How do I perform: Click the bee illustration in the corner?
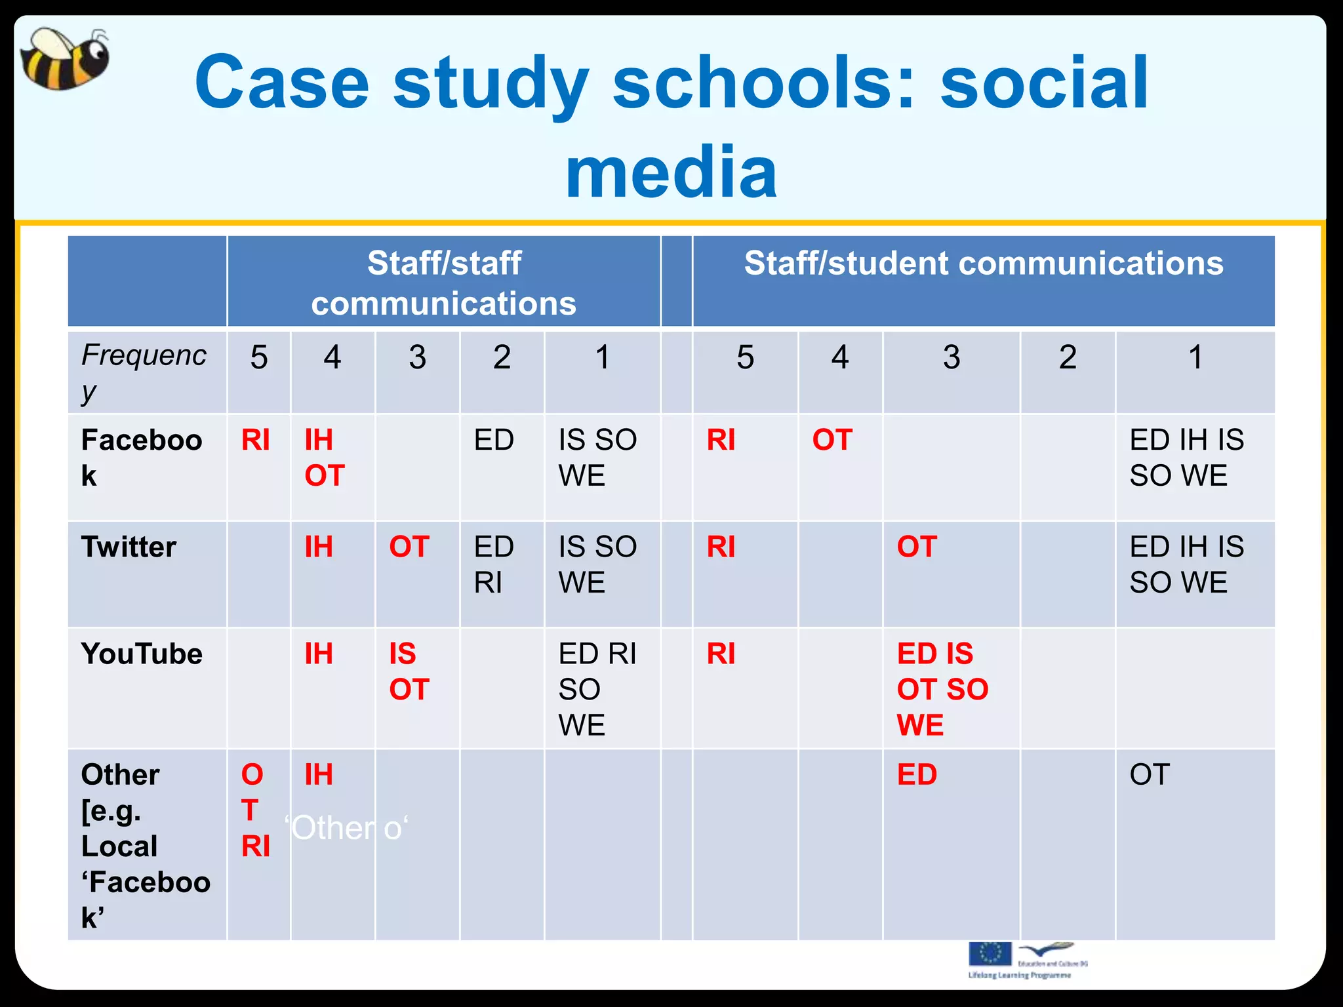coord(64,59)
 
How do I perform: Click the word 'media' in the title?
coord(671,172)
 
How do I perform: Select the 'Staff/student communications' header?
coord(983,264)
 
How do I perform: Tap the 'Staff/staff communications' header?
coord(444,283)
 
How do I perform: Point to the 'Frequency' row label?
coord(144,372)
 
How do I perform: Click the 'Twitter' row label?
coord(129,547)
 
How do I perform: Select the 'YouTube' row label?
coord(142,654)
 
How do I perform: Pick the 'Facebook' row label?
coord(142,457)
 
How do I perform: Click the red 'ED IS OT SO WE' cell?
coord(942,689)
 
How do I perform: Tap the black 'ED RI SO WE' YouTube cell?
coord(597,689)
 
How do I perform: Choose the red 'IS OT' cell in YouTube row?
coord(409,671)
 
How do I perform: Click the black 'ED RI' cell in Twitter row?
coord(493,564)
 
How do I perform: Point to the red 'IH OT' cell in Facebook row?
coord(324,457)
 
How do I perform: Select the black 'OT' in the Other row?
coord(1150,775)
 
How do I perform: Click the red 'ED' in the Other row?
coord(917,775)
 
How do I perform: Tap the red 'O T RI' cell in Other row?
coord(255,810)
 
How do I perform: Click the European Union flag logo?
coord(990,954)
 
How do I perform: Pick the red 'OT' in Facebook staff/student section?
coord(832,440)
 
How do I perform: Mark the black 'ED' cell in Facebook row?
coord(493,440)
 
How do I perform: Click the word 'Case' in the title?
coord(282,83)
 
